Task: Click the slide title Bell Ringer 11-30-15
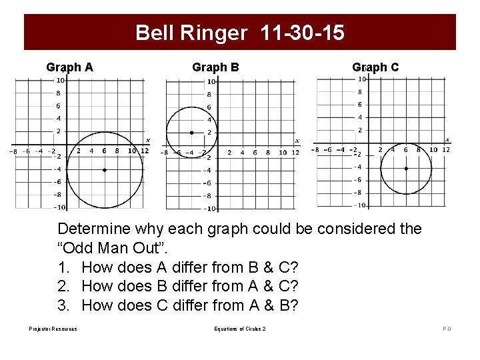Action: click(x=240, y=33)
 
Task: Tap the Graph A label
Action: click(x=69, y=67)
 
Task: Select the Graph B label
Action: click(x=215, y=67)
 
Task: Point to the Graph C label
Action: click(x=375, y=67)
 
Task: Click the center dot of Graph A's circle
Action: click(x=105, y=170)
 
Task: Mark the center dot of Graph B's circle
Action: click(x=192, y=133)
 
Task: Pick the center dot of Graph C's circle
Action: click(x=406, y=169)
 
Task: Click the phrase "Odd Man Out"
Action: click(x=114, y=248)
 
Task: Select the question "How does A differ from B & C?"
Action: click(x=190, y=267)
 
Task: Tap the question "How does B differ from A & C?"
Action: click(x=190, y=287)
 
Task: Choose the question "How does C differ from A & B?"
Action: click(x=190, y=306)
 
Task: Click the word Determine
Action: click(x=94, y=229)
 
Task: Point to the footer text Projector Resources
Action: click(x=53, y=329)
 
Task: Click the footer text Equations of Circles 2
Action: click(x=240, y=329)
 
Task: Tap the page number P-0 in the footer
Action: click(x=447, y=329)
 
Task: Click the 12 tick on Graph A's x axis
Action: click(x=145, y=151)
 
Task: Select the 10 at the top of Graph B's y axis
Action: click(x=211, y=82)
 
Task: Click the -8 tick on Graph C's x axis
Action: click(x=315, y=149)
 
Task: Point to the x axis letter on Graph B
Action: click(x=297, y=141)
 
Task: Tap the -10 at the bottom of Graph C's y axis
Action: click(x=358, y=205)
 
